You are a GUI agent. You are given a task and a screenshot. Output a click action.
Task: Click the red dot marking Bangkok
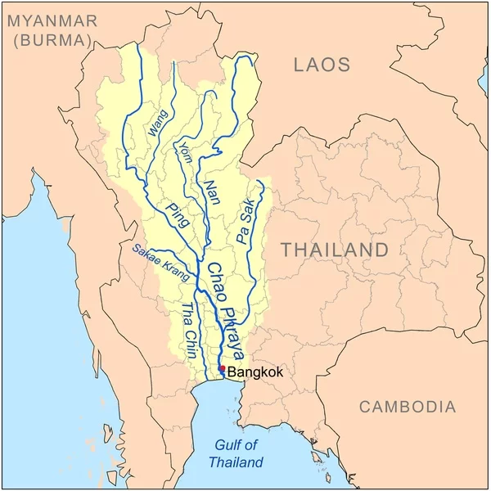tap(222, 369)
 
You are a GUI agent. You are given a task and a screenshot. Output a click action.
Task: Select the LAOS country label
tap(322, 65)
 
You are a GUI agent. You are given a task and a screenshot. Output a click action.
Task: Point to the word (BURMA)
tap(52, 40)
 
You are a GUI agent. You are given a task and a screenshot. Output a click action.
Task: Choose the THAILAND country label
tap(336, 250)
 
